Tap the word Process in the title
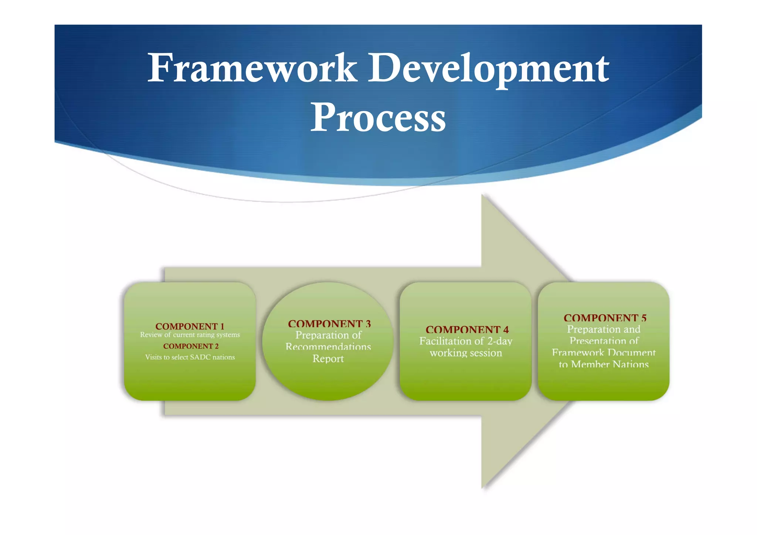[378, 118]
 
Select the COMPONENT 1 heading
[190, 326]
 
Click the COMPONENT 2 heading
[191, 346]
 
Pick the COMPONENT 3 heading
[329, 324]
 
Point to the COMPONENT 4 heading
[467, 329]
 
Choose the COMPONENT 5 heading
[605, 318]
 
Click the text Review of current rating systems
[190, 335]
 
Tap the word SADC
[200, 357]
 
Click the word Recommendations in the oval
[328, 347]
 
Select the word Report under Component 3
[328, 359]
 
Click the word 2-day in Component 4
[499, 341]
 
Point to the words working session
[466, 353]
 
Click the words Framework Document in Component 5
[604, 352]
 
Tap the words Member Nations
[610, 364]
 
